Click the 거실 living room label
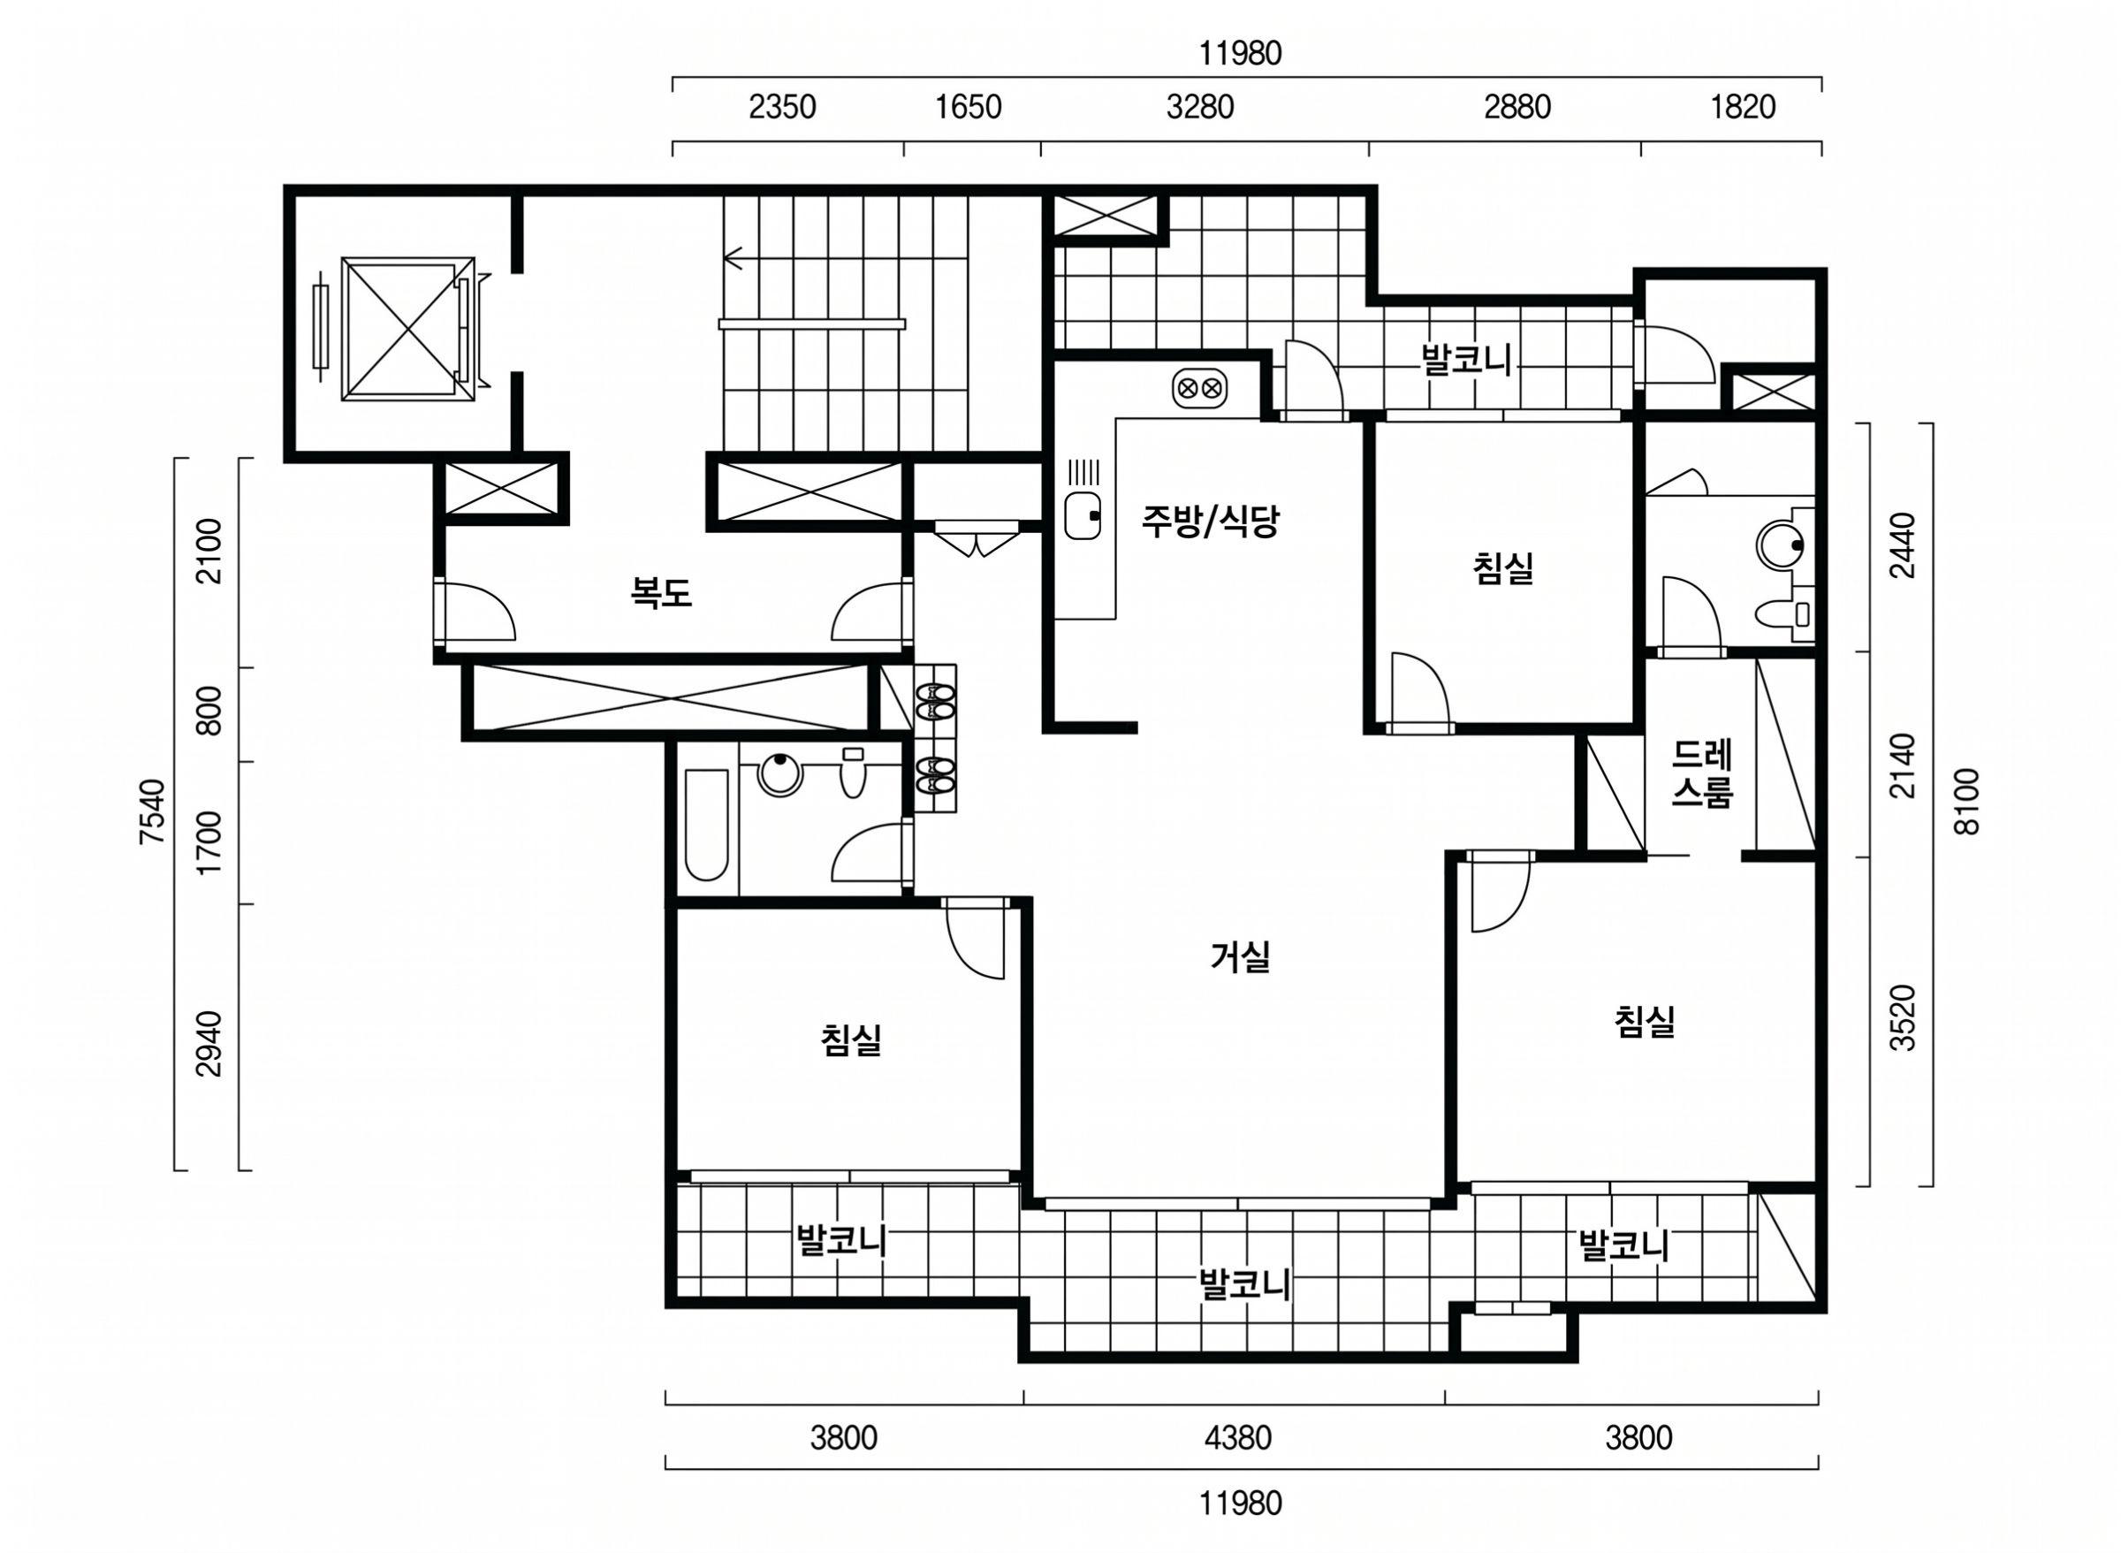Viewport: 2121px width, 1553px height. [x=1241, y=957]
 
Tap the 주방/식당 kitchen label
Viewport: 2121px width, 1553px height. [x=1211, y=520]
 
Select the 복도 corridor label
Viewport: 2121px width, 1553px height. [x=661, y=592]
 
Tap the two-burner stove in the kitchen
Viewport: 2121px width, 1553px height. [x=1200, y=387]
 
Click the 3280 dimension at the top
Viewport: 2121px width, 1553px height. [x=1200, y=107]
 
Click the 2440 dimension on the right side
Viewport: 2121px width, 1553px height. [x=1902, y=545]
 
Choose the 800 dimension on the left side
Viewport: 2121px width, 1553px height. [x=210, y=711]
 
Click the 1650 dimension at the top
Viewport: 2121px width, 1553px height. [x=968, y=107]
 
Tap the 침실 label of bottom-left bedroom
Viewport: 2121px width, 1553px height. [x=850, y=1039]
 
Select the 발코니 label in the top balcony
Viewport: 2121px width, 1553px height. [x=1466, y=360]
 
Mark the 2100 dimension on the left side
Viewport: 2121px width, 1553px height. [x=210, y=551]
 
